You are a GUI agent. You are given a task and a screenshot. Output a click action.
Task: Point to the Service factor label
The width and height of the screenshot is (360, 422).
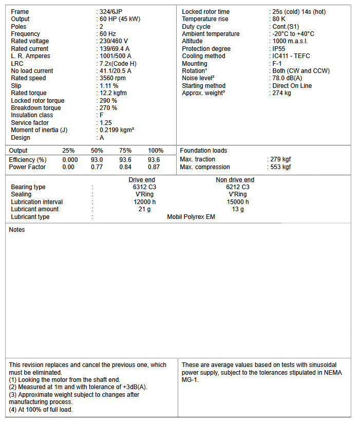click(30, 123)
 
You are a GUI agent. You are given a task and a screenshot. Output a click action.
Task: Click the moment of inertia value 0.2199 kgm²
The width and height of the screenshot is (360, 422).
click(117, 130)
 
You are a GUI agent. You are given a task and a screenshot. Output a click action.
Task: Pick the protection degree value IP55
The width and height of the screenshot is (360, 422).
click(280, 49)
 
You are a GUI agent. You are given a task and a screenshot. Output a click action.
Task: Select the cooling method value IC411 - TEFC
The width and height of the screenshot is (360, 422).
click(291, 56)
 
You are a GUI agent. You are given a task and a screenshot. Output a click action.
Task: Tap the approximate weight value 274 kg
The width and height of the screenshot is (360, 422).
click(282, 93)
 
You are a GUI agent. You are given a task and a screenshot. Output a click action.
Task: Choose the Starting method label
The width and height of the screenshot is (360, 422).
click(203, 86)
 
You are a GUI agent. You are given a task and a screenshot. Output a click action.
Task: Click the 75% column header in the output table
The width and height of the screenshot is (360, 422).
click(125, 151)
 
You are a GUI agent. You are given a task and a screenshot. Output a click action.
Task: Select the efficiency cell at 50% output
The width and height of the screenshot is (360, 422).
click(97, 160)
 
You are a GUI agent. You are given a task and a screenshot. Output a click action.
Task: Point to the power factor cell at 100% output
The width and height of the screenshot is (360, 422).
click(154, 167)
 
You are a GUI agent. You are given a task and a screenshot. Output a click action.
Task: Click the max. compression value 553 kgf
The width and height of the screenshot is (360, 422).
click(280, 167)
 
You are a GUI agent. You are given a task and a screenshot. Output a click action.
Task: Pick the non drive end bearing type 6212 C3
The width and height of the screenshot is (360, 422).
click(238, 187)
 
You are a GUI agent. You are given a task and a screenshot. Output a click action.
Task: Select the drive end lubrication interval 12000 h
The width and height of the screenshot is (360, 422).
click(144, 202)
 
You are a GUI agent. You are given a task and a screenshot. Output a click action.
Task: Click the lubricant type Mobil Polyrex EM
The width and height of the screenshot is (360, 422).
click(191, 217)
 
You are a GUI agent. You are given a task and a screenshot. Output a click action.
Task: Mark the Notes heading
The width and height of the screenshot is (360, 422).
click(17, 230)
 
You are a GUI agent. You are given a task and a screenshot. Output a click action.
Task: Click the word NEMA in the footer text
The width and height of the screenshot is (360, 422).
click(332, 373)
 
